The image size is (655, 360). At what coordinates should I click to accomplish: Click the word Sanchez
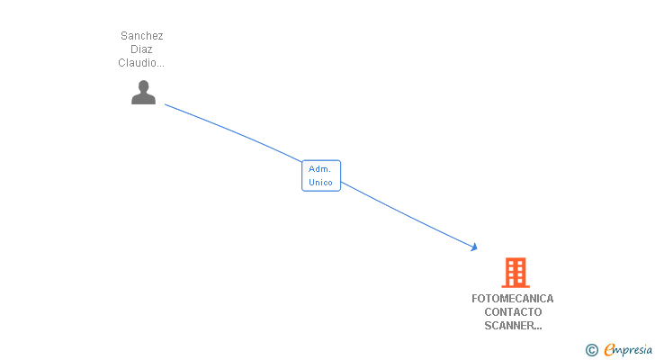point(141,36)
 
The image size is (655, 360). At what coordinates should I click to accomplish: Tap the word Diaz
point(141,49)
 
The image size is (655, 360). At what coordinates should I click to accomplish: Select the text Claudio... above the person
point(141,63)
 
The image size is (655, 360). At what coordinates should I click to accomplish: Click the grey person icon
point(143,93)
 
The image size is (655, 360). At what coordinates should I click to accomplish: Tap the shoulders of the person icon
point(143,99)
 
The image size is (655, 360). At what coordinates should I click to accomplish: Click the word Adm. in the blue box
point(319,169)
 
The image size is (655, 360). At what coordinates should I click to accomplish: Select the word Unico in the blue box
point(320,183)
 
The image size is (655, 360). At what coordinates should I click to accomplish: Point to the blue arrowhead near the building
point(474,247)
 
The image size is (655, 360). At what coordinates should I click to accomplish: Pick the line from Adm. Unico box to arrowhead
point(408,215)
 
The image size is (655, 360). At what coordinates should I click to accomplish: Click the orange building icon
point(516,273)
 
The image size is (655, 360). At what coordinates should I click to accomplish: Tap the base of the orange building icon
point(516,286)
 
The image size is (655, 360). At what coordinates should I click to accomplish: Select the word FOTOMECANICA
point(513,299)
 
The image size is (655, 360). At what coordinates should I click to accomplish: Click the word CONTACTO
point(513,312)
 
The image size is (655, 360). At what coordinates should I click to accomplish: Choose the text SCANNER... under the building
point(513,325)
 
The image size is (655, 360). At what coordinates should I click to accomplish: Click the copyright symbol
point(592,350)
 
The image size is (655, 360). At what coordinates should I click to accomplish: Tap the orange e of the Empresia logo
point(609,349)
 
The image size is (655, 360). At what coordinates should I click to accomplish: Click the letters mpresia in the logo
point(633,351)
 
